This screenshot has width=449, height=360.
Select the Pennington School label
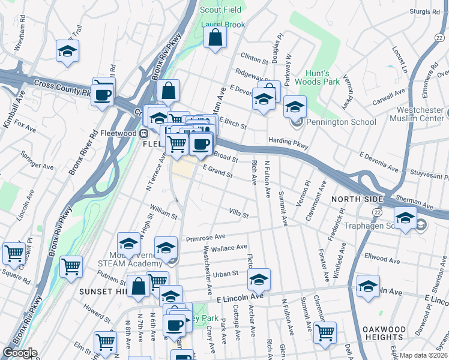tap(340, 122)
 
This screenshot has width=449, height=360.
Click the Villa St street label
tap(238, 213)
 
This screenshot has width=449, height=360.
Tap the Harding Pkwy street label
tap(288, 143)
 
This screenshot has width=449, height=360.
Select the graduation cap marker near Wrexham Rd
tap(68, 52)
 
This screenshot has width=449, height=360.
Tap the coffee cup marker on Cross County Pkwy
tap(103, 94)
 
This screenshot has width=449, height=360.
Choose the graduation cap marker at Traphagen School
tap(405, 218)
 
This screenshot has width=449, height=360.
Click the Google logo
tap(20, 353)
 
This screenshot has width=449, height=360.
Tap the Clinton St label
tap(254, 59)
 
